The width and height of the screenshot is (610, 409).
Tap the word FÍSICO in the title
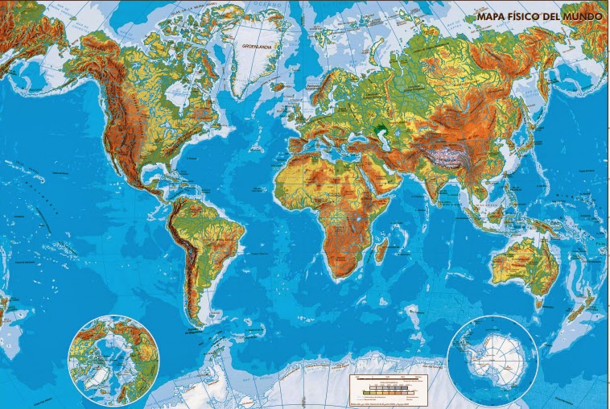(523, 14)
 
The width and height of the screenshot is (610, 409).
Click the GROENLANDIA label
(258, 46)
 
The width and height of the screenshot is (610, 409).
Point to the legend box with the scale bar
(384, 387)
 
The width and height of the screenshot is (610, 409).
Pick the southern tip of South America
(196, 325)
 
